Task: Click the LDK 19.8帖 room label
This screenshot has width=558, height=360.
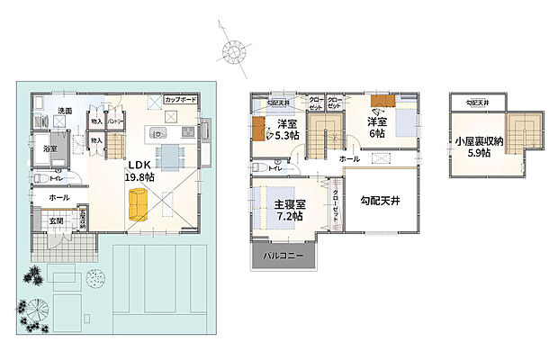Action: [140, 171]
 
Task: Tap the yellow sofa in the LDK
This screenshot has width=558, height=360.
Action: [138, 204]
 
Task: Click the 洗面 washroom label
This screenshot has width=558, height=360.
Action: [66, 112]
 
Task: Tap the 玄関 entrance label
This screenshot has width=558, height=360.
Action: [55, 220]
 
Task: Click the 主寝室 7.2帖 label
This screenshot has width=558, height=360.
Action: [289, 211]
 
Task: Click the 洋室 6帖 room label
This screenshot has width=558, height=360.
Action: [376, 127]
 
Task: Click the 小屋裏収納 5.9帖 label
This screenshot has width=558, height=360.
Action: [473, 146]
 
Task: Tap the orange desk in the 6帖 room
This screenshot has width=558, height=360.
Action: [381, 113]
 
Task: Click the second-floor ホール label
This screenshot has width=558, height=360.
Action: [349, 158]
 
